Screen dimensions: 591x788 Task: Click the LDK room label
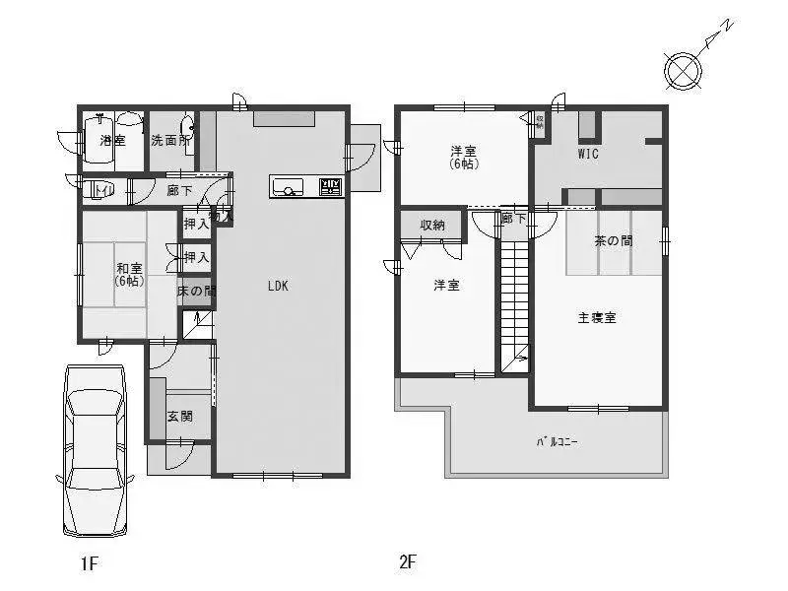(x=278, y=287)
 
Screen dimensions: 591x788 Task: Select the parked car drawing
(x=95, y=450)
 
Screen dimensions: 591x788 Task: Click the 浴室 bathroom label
(x=112, y=141)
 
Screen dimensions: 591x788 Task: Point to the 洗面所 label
(x=170, y=141)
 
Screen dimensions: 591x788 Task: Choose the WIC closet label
(x=588, y=155)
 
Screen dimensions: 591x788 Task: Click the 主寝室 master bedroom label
(x=597, y=318)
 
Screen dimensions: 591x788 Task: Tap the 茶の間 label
(x=613, y=240)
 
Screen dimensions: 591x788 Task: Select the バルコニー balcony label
(x=557, y=440)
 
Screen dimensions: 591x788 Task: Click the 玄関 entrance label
(x=179, y=416)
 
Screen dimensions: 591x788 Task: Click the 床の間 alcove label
(x=195, y=292)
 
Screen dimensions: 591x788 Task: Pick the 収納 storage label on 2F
(x=432, y=225)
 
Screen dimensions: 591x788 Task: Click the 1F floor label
(x=90, y=563)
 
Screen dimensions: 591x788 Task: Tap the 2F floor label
(x=408, y=563)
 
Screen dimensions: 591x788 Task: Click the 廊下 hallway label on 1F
(x=179, y=190)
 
